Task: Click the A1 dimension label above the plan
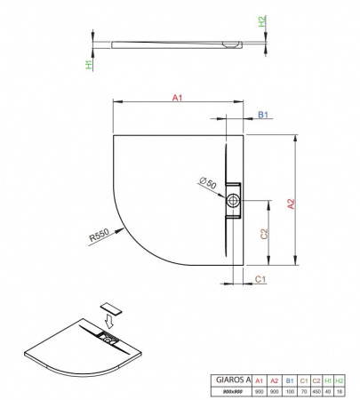pos(177,98)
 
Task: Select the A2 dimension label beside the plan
pos(292,204)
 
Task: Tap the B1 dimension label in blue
pos(263,115)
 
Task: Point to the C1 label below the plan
pos(260,279)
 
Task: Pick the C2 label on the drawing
pos(264,234)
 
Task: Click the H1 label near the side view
pos(89,64)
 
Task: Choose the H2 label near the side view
pos(262,21)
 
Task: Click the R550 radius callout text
pos(100,236)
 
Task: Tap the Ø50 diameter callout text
pos(208,183)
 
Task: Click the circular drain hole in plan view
pos(233,200)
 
